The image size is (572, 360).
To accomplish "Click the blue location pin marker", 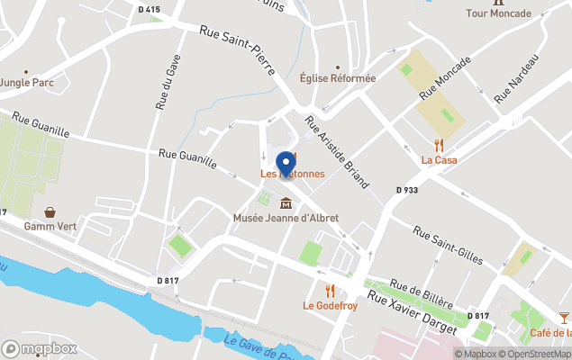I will click(287, 163).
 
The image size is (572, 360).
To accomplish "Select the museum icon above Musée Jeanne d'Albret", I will click(286, 202).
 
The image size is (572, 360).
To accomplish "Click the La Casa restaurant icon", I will click(440, 145).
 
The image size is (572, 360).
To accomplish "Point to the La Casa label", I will click(440, 160).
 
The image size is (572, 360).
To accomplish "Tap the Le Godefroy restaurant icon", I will click(330, 290).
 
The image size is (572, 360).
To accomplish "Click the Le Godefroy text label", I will click(330, 306).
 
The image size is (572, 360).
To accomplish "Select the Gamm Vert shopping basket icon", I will click(50, 211).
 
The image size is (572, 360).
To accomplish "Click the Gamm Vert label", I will click(50, 226).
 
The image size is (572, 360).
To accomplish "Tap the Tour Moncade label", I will click(498, 13).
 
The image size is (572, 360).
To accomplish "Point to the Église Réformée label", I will click(338, 78).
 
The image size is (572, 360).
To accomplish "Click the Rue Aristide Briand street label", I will click(336, 151).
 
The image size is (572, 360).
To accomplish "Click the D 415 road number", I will click(150, 10).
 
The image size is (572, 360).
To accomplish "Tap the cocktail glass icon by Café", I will click(564, 318).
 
